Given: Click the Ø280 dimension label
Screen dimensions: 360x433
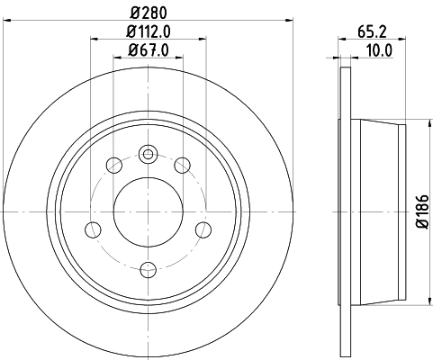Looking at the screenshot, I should tap(149, 14).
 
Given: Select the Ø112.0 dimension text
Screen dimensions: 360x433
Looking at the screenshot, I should tap(149, 33).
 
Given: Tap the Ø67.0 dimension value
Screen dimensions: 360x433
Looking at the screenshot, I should tap(149, 50).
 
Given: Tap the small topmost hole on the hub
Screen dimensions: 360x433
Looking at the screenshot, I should tap(149, 153).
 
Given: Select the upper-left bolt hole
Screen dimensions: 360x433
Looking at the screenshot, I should tap(114, 165).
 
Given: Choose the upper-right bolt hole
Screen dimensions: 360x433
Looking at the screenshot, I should tap(183, 165).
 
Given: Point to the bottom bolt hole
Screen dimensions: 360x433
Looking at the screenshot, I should tap(149, 267).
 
